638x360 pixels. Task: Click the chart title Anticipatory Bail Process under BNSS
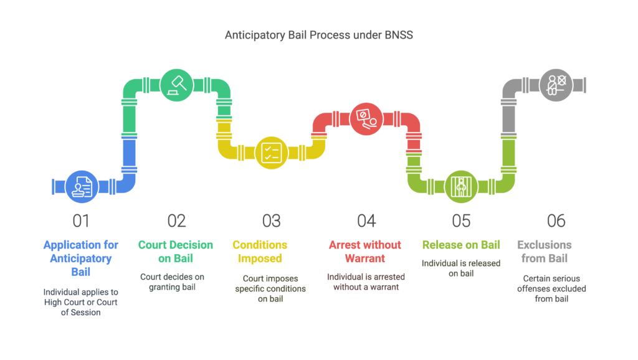[x=318, y=36]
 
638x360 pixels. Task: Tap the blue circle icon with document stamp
[x=82, y=186]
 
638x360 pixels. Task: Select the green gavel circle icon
[x=176, y=85]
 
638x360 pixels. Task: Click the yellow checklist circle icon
[x=272, y=153]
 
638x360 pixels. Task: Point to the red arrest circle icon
[x=366, y=118]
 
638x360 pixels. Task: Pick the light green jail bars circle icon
[x=461, y=186]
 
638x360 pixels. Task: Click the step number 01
[x=81, y=220]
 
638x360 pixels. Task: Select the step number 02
[x=176, y=220]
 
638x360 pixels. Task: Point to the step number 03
[x=272, y=220]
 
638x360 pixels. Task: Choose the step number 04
[x=366, y=220]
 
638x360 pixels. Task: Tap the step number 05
[x=461, y=220]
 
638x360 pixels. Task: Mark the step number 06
[x=556, y=220]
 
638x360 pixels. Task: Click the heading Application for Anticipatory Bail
[x=81, y=258]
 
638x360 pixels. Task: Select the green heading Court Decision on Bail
[x=176, y=252]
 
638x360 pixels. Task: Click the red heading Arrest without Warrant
[x=365, y=252]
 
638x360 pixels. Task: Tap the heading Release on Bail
[x=461, y=245]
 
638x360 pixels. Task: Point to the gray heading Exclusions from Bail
[x=545, y=252]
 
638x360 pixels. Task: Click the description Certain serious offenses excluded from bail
[x=551, y=288]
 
